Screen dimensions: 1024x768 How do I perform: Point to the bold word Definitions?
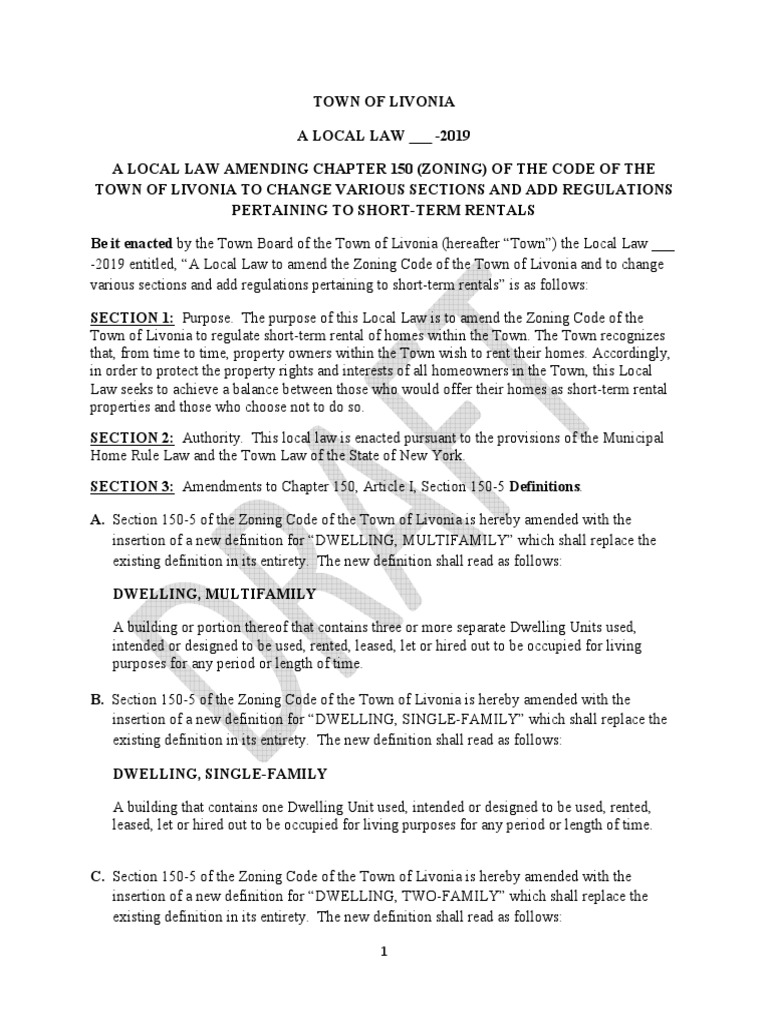tap(545, 486)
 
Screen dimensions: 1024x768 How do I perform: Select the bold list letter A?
tap(98, 521)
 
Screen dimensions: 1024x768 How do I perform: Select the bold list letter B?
tap(98, 700)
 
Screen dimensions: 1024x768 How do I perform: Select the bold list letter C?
tap(98, 877)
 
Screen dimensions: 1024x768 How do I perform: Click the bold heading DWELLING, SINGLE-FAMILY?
tap(221, 773)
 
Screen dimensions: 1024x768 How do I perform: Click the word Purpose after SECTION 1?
tap(208, 317)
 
